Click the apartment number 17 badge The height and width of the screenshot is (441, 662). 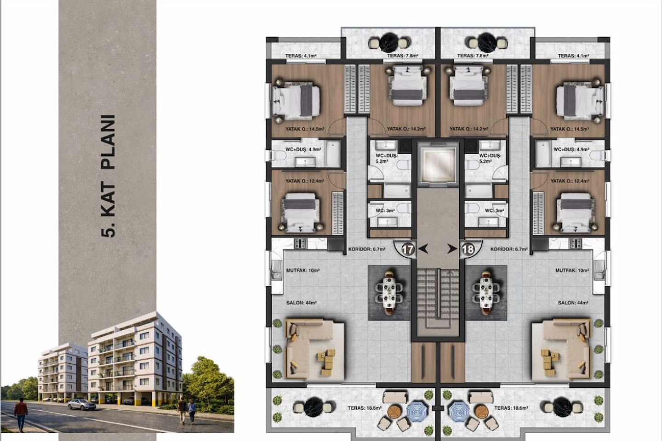[407, 250]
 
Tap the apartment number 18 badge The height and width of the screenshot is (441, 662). [468, 250]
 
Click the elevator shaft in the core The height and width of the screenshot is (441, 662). [438, 164]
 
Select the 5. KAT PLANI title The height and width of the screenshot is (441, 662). [108, 176]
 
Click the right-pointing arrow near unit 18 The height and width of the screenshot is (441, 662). [452, 249]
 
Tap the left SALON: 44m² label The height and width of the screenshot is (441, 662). [302, 303]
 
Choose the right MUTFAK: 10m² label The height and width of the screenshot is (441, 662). [572, 270]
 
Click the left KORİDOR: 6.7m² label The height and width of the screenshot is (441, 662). [367, 249]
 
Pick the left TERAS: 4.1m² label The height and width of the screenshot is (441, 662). [301, 56]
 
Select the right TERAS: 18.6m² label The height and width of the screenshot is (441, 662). [511, 408]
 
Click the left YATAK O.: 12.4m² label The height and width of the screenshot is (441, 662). [305, 181]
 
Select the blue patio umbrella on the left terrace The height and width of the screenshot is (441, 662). [417, 411]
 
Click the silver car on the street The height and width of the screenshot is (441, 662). [81, 404]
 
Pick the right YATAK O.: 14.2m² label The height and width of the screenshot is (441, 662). [469, 129]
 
